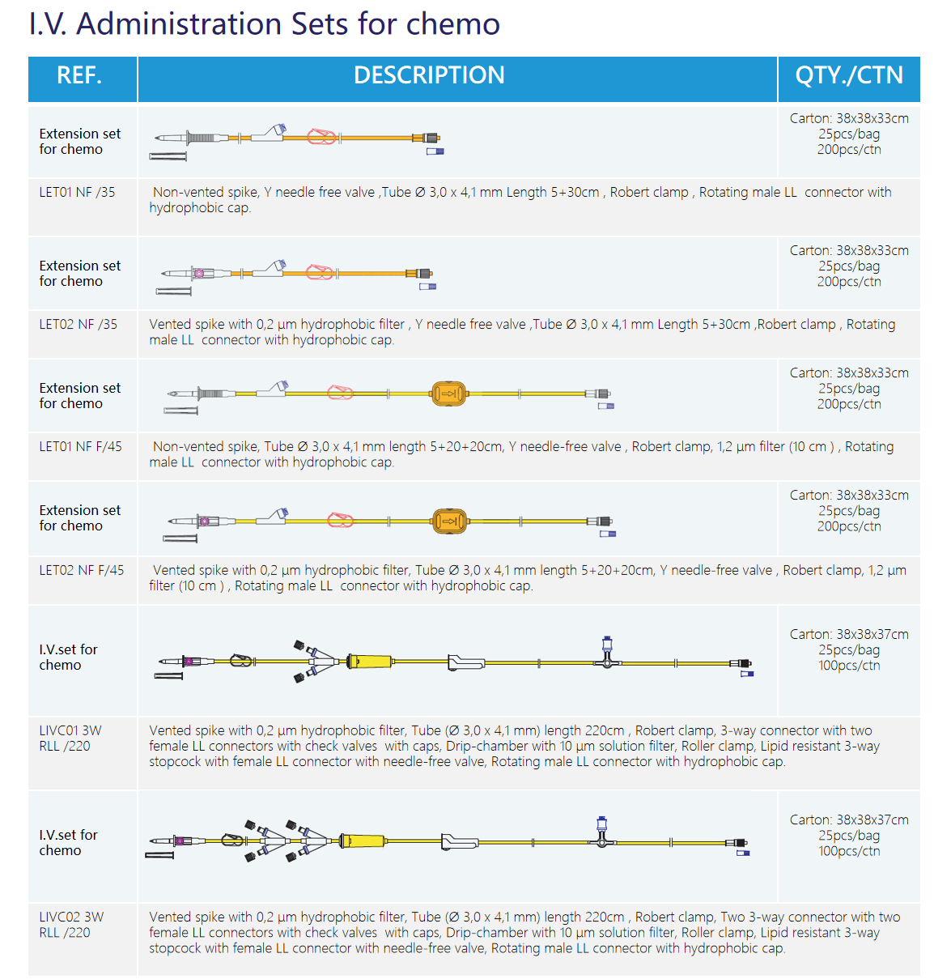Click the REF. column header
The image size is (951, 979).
point(79,76)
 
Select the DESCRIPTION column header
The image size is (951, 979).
point(429,76)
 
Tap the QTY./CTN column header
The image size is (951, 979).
point(849,76)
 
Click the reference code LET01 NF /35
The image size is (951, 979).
point(78,193)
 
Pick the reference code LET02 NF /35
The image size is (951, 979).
point(79,325)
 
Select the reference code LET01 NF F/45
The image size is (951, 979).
point(81,447)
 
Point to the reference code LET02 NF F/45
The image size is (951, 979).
point(82,571)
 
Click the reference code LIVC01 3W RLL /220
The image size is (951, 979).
point(70,739)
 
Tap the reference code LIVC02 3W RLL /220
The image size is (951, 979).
point(71,925)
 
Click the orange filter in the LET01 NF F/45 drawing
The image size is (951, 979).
point(448,394)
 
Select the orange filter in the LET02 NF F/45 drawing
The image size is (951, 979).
point(449,521)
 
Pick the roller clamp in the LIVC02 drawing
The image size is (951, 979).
point(459,841)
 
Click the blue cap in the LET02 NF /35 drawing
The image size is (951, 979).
point(427,286)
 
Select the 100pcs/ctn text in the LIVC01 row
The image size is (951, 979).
point(849,666)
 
